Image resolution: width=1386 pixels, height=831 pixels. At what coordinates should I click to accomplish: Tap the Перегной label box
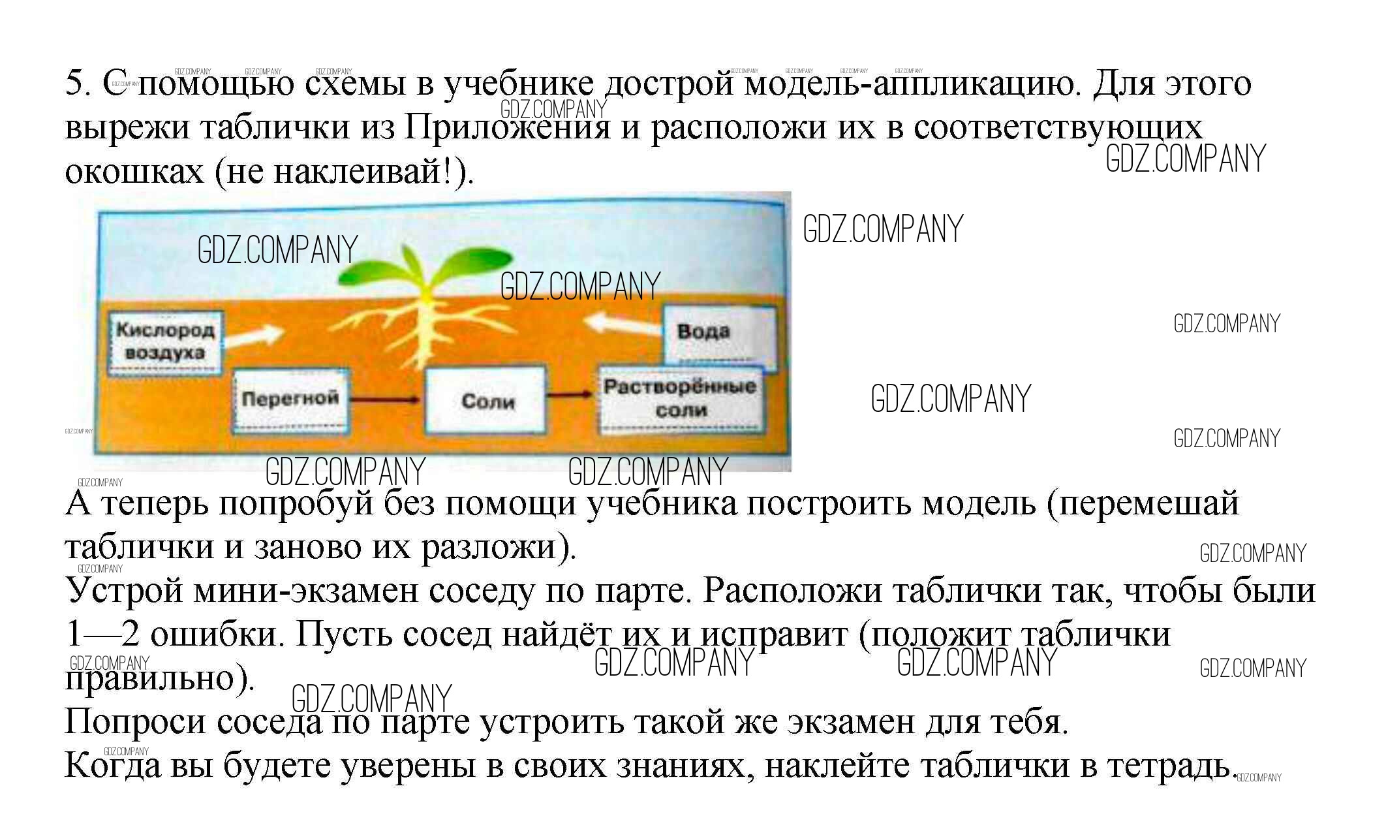tap(289, 400)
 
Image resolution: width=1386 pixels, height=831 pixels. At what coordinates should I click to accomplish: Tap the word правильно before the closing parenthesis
tap(153, 679)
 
